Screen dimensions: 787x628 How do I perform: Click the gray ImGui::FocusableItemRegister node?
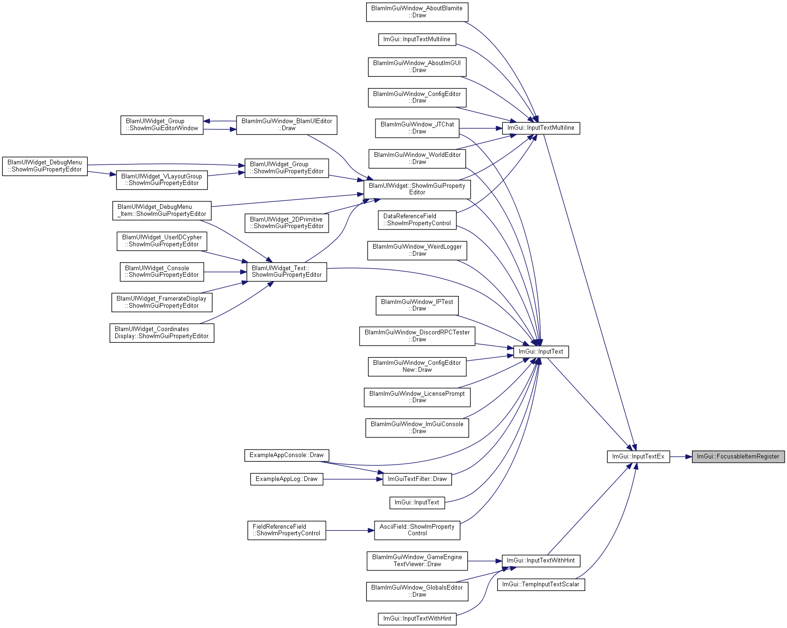[x=738, y=457]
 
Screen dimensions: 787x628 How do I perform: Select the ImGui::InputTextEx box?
[x=639, y=457]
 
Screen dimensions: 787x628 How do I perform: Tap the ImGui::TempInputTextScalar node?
[x=541, y=584]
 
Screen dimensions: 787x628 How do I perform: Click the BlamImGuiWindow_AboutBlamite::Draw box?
[x=417, y=12]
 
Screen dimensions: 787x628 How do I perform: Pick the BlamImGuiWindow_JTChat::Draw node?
[x=417, y=128]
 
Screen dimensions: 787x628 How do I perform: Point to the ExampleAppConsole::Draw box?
[x=287, y=455]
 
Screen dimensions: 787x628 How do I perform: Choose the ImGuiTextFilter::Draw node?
[x=417, y=479]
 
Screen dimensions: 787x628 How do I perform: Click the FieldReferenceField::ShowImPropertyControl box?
[x=287, y=530]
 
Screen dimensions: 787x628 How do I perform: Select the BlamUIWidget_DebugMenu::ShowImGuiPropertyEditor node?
[x=45, y=166]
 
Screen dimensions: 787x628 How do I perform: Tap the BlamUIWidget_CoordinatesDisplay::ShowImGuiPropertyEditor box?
[x=162, y=333]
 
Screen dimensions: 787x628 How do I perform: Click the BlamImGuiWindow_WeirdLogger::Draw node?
[x=417, y=250]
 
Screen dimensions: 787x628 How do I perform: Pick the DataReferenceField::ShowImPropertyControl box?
[x=417, y=220]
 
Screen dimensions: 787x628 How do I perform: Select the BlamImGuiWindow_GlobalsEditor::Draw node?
[x=417, y=591]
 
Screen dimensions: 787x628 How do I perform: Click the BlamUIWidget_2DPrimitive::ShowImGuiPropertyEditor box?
[x=287, y=223]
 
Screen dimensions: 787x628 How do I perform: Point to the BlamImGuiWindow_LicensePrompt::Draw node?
[x=417, y=397]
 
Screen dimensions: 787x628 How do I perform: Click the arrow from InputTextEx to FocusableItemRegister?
[x=681, y=457]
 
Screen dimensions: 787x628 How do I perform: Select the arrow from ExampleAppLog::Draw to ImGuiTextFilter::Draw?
[x=353, y=479]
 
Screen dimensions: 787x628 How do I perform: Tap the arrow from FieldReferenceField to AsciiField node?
[x=350, y=530]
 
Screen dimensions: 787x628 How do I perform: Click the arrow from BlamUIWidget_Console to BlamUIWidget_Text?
[x=225, y=272]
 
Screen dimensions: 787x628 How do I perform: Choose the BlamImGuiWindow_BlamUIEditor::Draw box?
[x=287, y=125]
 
